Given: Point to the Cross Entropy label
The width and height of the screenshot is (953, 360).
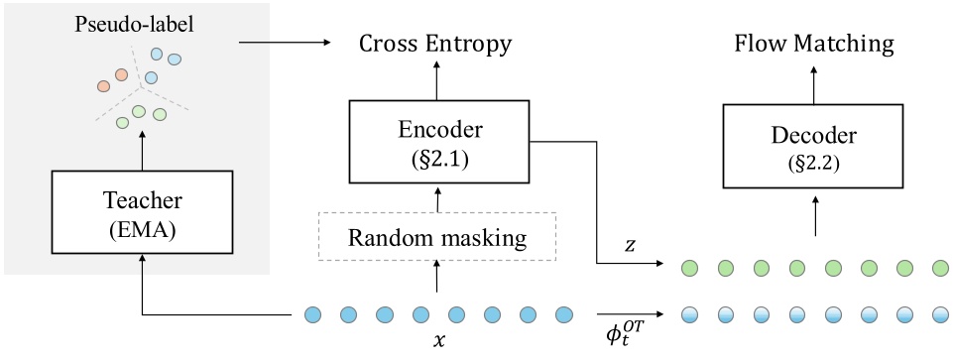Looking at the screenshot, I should tap(435, 44).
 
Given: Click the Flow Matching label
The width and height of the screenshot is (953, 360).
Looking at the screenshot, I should tap(814, 44).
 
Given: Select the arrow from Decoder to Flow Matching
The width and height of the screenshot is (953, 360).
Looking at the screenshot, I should tap(814, 83).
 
